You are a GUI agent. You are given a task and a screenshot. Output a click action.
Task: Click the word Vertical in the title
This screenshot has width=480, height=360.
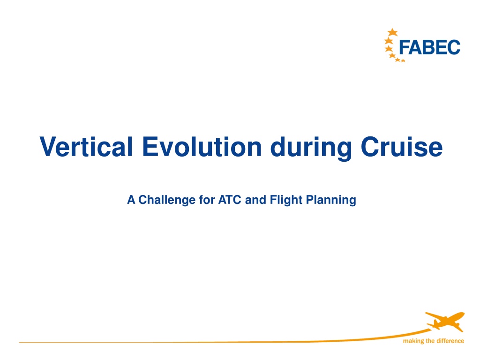pyautogui.click(x=86, y=147)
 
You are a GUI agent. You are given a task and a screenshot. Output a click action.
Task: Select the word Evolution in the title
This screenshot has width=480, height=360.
pyautogui.click(x=202, y=147)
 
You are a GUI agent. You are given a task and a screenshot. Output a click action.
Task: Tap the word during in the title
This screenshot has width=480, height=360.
pyautogui.click(x=311, y=148)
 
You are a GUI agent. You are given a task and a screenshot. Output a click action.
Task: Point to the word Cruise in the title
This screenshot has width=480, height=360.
pyautogui.click(x=402, y=147)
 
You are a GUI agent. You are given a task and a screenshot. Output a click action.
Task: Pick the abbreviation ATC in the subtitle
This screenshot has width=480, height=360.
pyautogui.click(x=230, y=200)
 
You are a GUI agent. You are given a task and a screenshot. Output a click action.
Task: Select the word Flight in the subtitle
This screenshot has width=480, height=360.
pyautogui.click(x=286, y=200)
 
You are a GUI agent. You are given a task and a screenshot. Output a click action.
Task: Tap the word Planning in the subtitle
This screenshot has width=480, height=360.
pyautogui.click(x=331, y=200)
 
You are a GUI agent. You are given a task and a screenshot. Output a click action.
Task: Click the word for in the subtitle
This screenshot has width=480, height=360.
pyautogui.click(x=207, y=200)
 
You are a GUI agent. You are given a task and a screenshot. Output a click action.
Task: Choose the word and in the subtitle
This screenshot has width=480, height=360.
pyautogui.click(x=255, y=200)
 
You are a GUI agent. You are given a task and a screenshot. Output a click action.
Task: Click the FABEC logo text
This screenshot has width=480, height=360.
pyautogui.click(x=429, y=47)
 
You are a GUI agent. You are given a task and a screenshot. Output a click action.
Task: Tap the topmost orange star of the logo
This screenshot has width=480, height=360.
pyautogui.click(x=392, y=32)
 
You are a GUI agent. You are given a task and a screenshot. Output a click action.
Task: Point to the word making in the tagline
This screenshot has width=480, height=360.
pyautogui.click(x=413, y=341)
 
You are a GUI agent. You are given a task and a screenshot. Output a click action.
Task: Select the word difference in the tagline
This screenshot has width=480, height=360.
pyautogui.click(x=450, y=341)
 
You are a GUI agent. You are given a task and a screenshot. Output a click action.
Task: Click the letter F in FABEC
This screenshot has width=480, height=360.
pyautogui.click(x=404, y=47)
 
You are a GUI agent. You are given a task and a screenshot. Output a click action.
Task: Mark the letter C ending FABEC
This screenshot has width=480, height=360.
pyautogui.click(x=454, y=47)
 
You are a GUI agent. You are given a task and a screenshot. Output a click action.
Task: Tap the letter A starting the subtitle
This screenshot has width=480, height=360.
pyautogui.click(x=131, y=200)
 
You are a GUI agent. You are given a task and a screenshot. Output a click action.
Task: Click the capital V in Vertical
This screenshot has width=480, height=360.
pyautogui.click(x=49, y=147)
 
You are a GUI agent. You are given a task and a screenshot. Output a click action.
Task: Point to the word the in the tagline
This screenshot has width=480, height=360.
pyautogui.click(x=430, y=341)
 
